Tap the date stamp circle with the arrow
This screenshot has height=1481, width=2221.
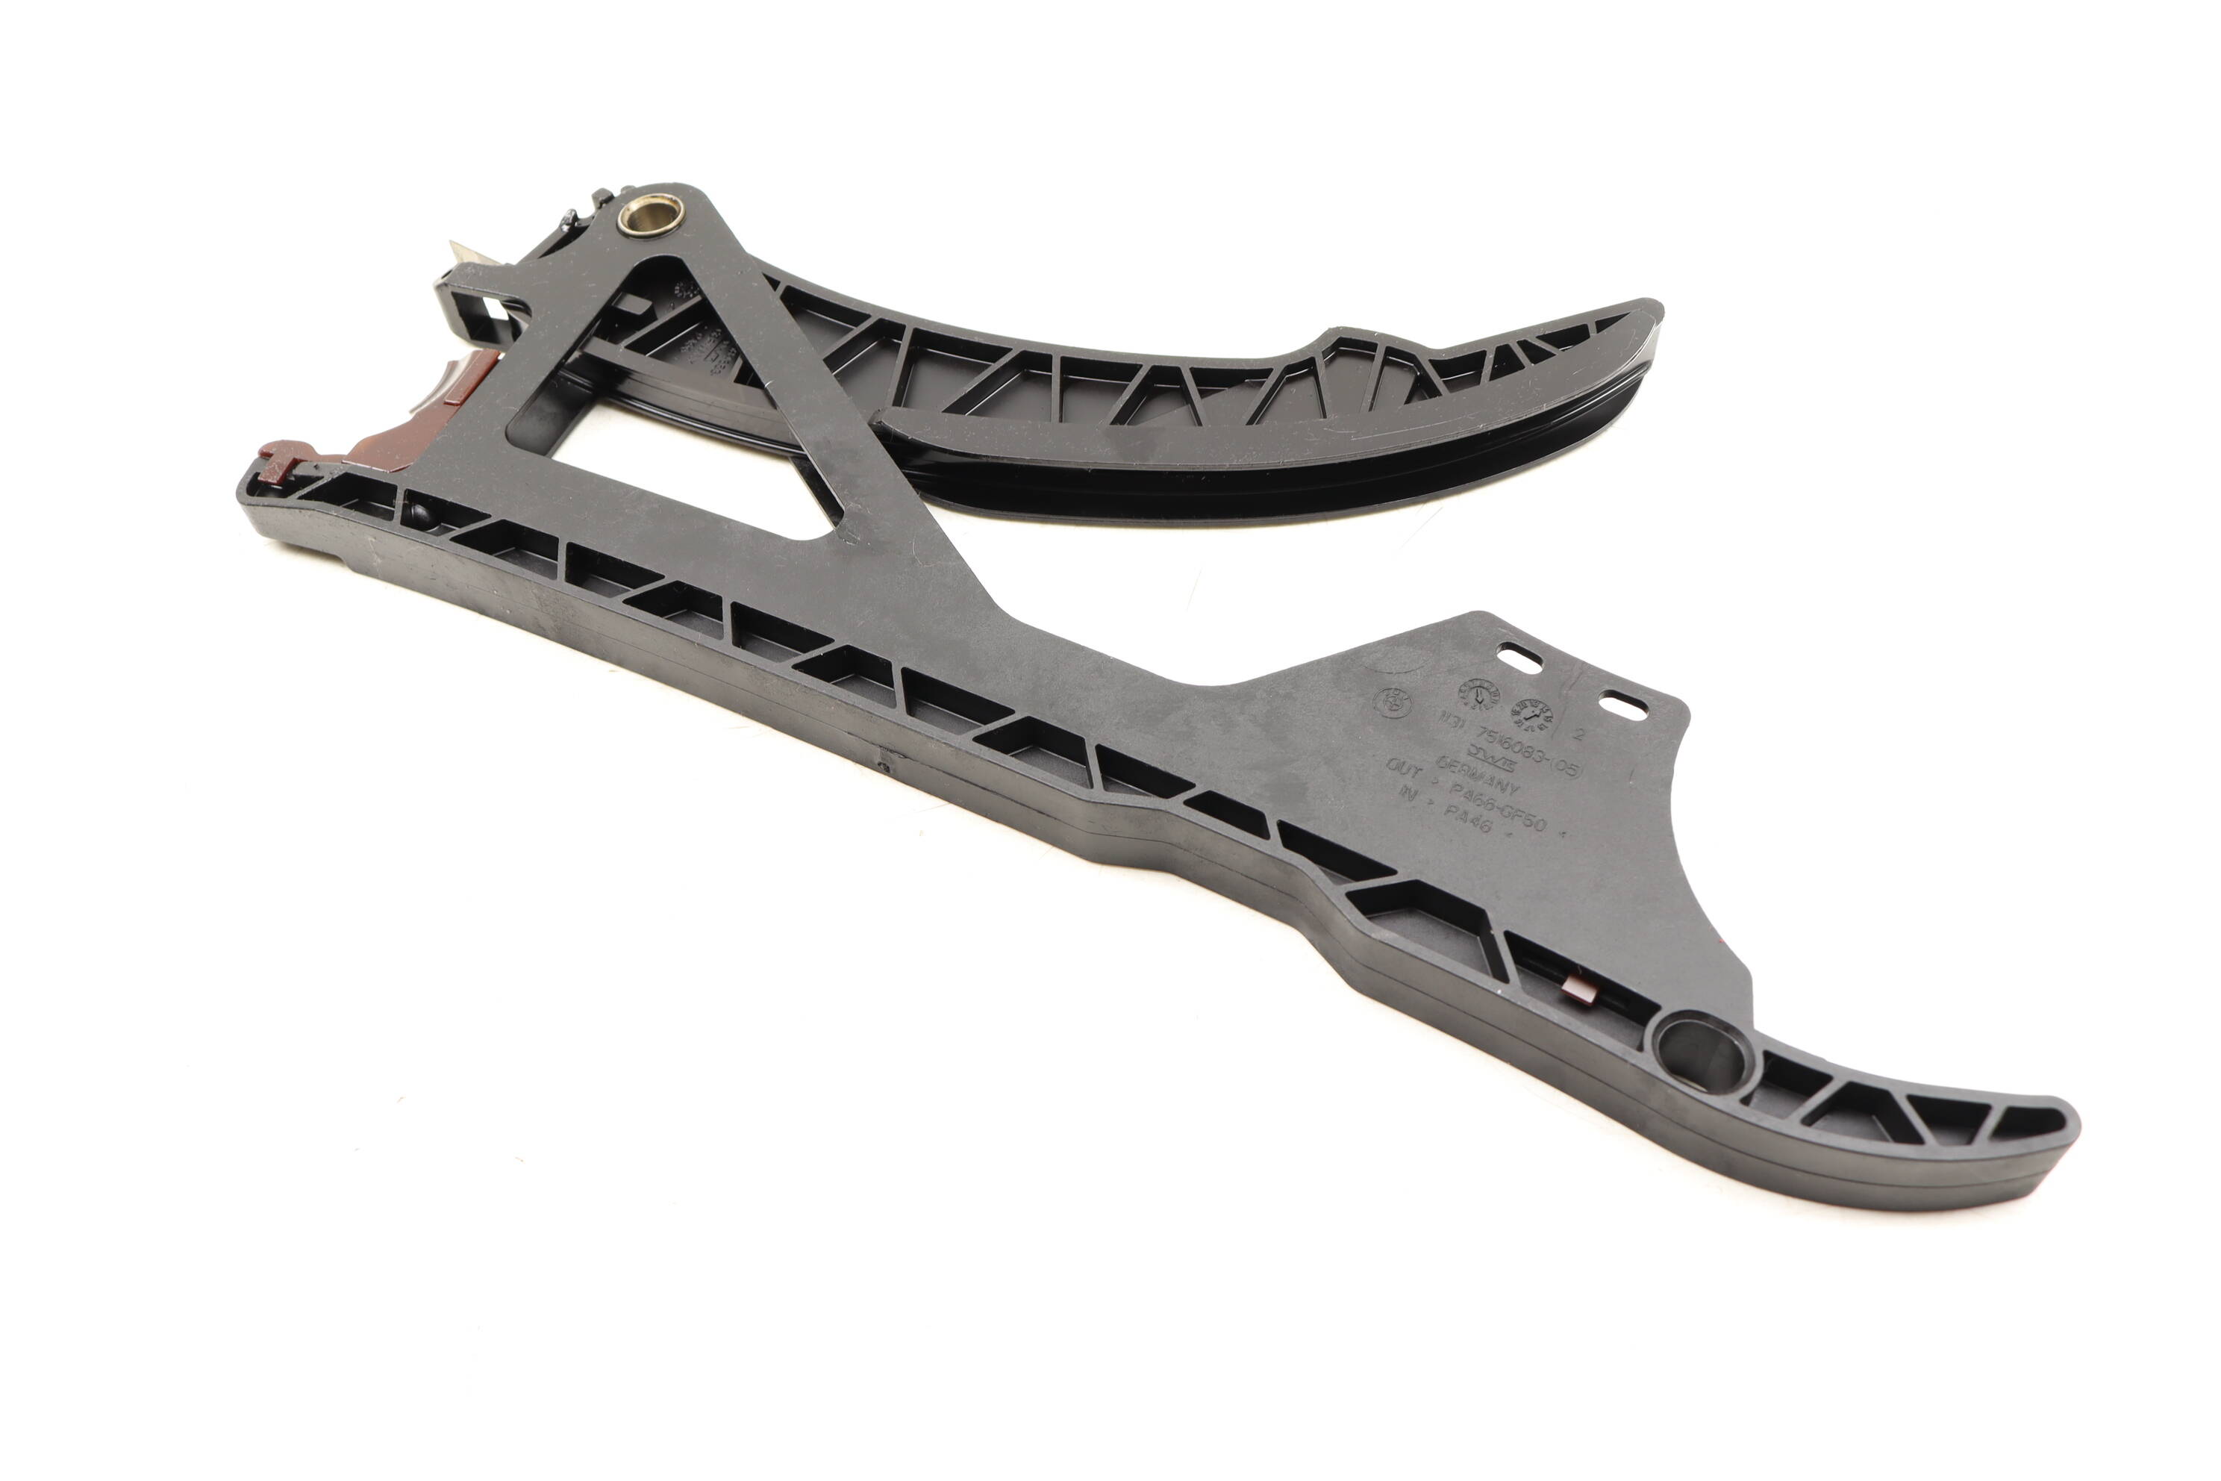click(x=1476, y=694)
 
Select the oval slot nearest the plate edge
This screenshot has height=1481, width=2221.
click(x=1622, y=705)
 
